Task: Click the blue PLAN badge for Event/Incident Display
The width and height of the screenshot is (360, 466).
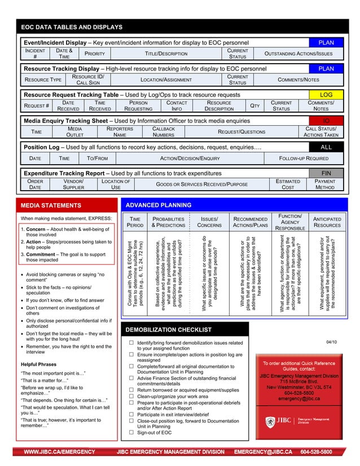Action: [x=326, y=42]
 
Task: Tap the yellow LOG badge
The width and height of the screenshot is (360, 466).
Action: [x=326, y=95]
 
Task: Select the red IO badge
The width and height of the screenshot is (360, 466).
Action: [x=326, y=121]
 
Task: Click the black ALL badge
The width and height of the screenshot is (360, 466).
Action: [x=326, y=147]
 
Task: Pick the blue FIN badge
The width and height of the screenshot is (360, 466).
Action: [x=326, y=173]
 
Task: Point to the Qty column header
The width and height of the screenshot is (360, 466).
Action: [x=254, y=106]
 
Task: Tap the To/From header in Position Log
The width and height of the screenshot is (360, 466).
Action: [x=97, y=158]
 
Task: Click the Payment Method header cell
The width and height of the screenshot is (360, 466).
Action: [x=325, y=184]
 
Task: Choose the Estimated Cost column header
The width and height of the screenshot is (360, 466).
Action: [x=288, y=184]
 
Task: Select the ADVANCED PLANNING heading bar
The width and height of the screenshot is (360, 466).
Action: [x=157, y=205]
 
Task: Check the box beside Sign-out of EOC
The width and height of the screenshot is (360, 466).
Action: [x=131, y=433]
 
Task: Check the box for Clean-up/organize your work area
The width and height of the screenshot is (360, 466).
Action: [x=131, y=396]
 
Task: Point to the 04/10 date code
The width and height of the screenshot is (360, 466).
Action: [x=331, y=342]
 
